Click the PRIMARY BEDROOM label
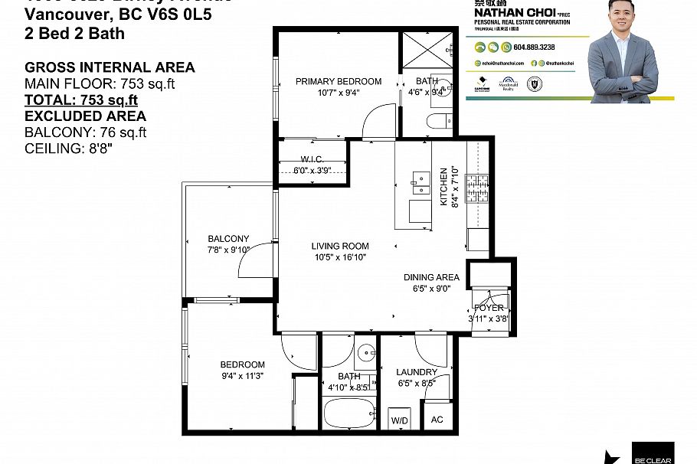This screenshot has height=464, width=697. point(339,81)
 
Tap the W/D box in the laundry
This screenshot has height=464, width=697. point(400,420)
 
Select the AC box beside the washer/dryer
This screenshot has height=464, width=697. point(437,420)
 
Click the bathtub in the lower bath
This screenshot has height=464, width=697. point(348,414)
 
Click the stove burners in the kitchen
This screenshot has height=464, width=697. point(478,184)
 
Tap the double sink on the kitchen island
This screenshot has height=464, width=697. point(420,181)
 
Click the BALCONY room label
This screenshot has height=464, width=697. point(228,239)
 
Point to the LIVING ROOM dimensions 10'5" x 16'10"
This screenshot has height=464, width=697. point(339,258)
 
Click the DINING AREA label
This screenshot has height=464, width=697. point(432,277)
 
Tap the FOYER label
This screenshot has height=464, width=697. point(489,308)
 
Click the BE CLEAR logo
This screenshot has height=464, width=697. point(653,453)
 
